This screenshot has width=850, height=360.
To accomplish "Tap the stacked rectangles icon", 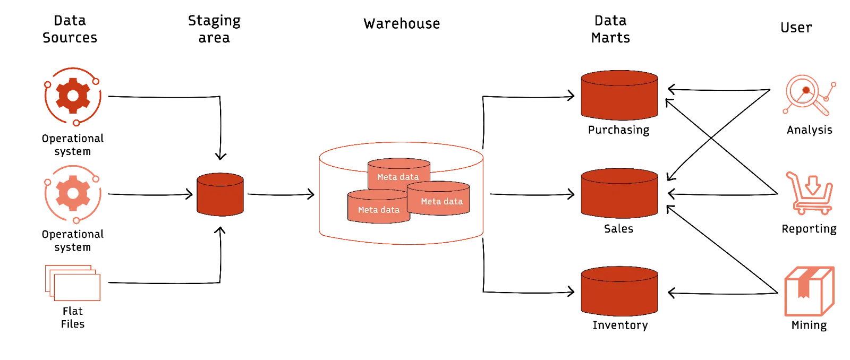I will tap(73, 283).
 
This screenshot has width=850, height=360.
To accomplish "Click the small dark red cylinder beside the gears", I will tap(220, 194).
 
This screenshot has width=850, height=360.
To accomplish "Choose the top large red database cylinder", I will tap(619, 96).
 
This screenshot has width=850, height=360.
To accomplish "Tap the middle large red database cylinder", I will tap(619, 194).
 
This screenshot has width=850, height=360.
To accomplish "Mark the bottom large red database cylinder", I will tap(619, 292).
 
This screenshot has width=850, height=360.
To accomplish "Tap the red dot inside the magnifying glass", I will tap(806, 91).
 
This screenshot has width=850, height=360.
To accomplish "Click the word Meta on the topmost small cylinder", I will tap(386, 177).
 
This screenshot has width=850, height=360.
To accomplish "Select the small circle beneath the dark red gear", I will tap(76, 123).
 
